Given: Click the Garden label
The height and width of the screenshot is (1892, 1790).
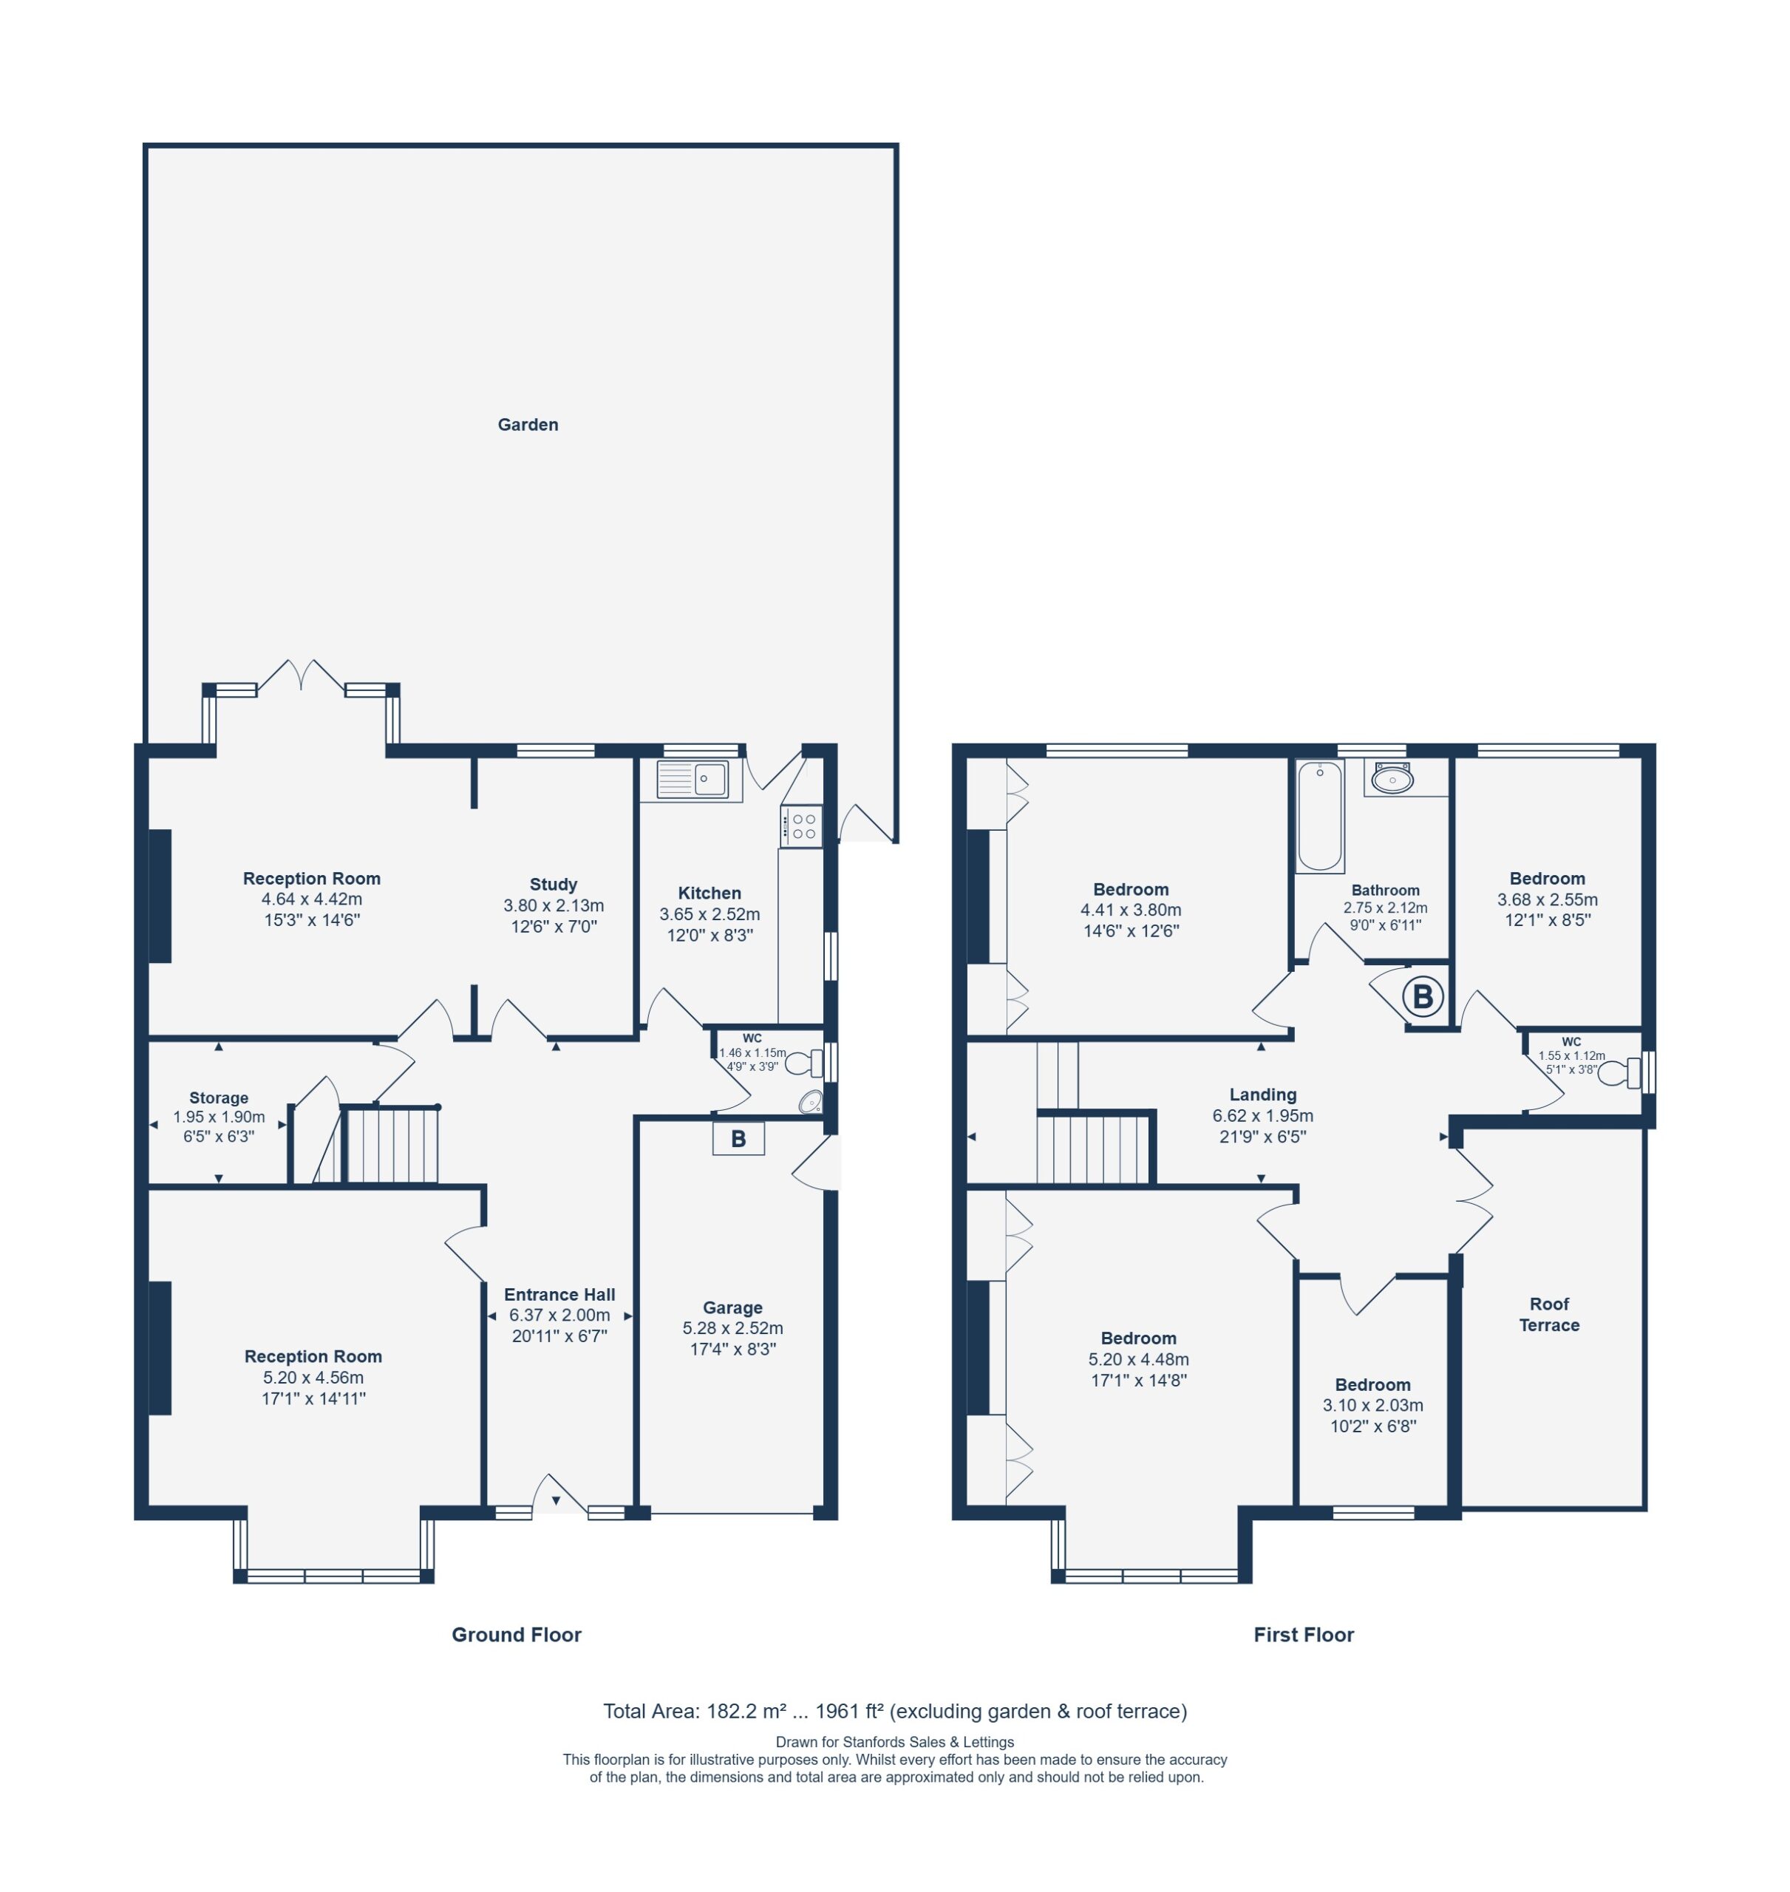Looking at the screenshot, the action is point(528,424).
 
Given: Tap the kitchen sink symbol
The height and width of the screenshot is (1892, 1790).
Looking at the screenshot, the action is point(692,780).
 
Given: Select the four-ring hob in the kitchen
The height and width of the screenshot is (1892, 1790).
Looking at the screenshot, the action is point(801,826).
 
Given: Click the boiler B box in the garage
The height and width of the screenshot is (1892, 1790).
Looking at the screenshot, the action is point(738,1138).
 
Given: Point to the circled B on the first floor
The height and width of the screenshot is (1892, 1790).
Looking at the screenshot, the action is point(1423,997).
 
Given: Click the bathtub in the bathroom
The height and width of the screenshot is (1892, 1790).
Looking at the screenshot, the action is point(1320,816).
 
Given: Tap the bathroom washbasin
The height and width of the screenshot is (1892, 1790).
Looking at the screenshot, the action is point(1393,780).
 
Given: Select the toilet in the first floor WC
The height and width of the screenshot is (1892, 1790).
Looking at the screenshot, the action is point(1620,1073).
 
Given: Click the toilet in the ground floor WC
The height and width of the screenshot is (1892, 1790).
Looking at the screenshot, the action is point(804,1062).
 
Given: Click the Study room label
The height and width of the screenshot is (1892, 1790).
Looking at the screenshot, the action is point(554,885).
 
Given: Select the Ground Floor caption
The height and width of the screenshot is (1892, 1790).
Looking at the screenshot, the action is point(516,1634).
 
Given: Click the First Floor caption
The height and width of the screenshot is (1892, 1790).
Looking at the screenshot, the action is point(1304,1634).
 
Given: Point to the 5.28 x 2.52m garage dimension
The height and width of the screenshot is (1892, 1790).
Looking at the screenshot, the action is point(733,1328).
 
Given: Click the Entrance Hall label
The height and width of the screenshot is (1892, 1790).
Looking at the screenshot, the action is point(559,1295).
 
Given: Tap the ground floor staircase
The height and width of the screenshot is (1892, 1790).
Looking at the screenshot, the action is point(390,1144).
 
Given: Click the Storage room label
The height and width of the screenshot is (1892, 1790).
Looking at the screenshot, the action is point(219,1098).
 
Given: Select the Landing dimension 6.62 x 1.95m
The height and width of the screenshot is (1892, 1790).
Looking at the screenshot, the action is point(1262,1115).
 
